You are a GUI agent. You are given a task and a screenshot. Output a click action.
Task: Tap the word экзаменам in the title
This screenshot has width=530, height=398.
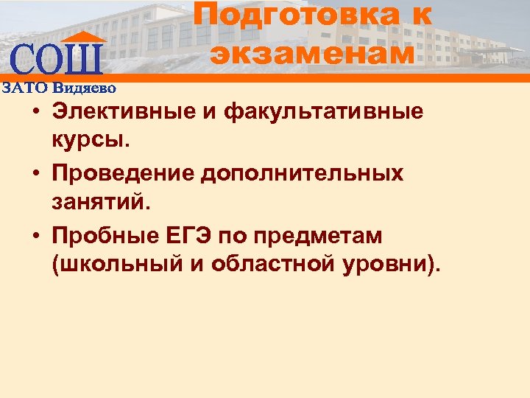[x=312, y=52]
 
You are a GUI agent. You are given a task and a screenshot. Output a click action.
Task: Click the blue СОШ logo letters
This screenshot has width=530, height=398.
[x=57, y=60]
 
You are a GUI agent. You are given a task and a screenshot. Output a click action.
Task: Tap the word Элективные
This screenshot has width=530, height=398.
[x=126, y=112]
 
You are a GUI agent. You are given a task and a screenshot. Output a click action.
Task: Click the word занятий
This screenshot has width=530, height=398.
[x=101, y=199]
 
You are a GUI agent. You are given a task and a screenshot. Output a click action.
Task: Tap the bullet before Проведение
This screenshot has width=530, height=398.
[x=35, y=175]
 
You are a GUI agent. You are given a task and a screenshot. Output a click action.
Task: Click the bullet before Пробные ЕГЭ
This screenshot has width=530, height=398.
[x=35, y=237]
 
